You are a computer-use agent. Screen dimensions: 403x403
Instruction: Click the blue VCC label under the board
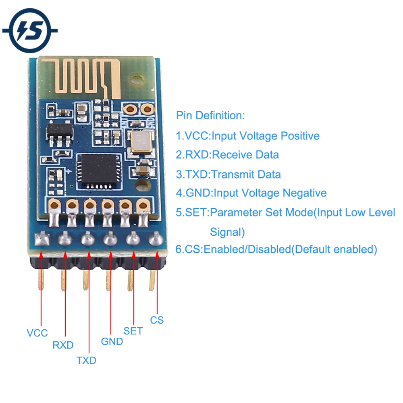tap(37, 333)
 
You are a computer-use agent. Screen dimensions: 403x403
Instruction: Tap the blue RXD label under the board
tap(63, 345)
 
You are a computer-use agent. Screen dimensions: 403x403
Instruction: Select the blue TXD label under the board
tap(86, 360)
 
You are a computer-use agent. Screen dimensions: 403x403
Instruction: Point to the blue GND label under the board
tap(112, 342)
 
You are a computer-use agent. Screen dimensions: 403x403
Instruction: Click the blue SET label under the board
tap(133, 331)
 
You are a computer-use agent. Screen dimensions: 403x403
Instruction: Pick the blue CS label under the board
tap(157, 320)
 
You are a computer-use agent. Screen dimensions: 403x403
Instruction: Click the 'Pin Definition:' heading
tap(210, 116)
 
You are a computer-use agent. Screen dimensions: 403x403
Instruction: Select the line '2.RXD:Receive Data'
tap(227, 155)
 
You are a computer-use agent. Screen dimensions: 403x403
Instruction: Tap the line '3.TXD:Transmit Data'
tap(228, 174)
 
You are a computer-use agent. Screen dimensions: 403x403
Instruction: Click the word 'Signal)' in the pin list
tap(227, 232)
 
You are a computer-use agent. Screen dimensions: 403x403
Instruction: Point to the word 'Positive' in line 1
tap(300, 136)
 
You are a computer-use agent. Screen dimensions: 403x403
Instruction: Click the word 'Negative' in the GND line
tap(304, 193)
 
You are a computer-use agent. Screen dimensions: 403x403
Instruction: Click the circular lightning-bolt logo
tap(29, 31)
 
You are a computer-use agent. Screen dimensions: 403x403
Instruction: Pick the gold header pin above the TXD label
tap(85, 280)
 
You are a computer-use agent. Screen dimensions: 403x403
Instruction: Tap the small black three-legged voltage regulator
tap(60, 133)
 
